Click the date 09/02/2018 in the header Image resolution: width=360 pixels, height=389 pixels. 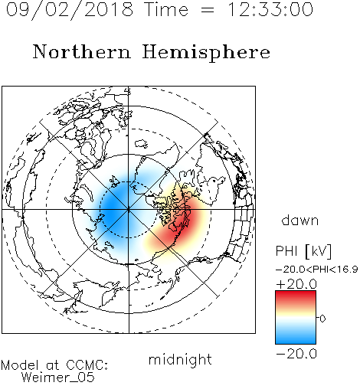70,10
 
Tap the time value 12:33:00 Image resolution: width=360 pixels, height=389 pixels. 270,9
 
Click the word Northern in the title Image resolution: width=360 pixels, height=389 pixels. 82,51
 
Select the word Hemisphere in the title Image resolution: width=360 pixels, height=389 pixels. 206,53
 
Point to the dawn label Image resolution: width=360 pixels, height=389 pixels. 300,220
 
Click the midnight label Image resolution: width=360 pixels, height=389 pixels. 180,359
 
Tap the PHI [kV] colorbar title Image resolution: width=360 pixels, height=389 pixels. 303,251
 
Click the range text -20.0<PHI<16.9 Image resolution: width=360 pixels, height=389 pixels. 316,270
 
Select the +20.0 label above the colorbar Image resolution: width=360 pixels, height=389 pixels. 296,284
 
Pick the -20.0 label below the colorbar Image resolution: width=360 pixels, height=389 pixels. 296,354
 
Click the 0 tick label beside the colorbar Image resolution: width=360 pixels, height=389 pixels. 322,319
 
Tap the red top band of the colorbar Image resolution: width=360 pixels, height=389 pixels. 296,297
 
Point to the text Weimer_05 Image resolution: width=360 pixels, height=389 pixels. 58,378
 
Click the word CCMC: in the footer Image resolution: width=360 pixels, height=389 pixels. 87,365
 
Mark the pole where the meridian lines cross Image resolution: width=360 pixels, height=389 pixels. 129,210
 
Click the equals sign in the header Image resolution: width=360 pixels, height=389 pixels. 207,10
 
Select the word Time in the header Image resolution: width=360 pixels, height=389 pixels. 166,9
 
